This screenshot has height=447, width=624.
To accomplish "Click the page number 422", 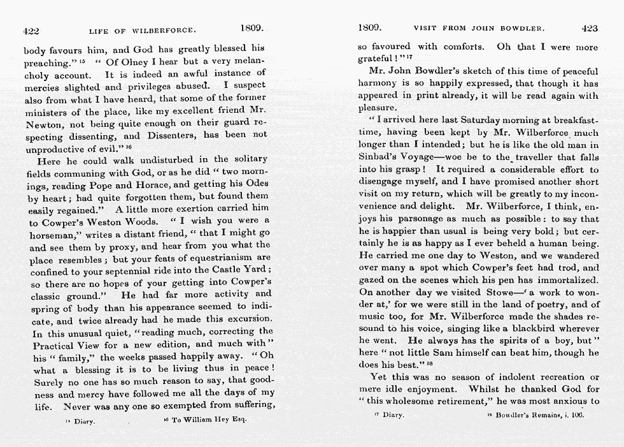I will pos(31,29).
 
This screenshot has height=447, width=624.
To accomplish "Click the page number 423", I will pos(590,28).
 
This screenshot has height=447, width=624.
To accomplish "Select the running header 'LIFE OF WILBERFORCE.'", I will pos(142,30).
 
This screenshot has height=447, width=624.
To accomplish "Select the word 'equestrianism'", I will pos(215,257).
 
